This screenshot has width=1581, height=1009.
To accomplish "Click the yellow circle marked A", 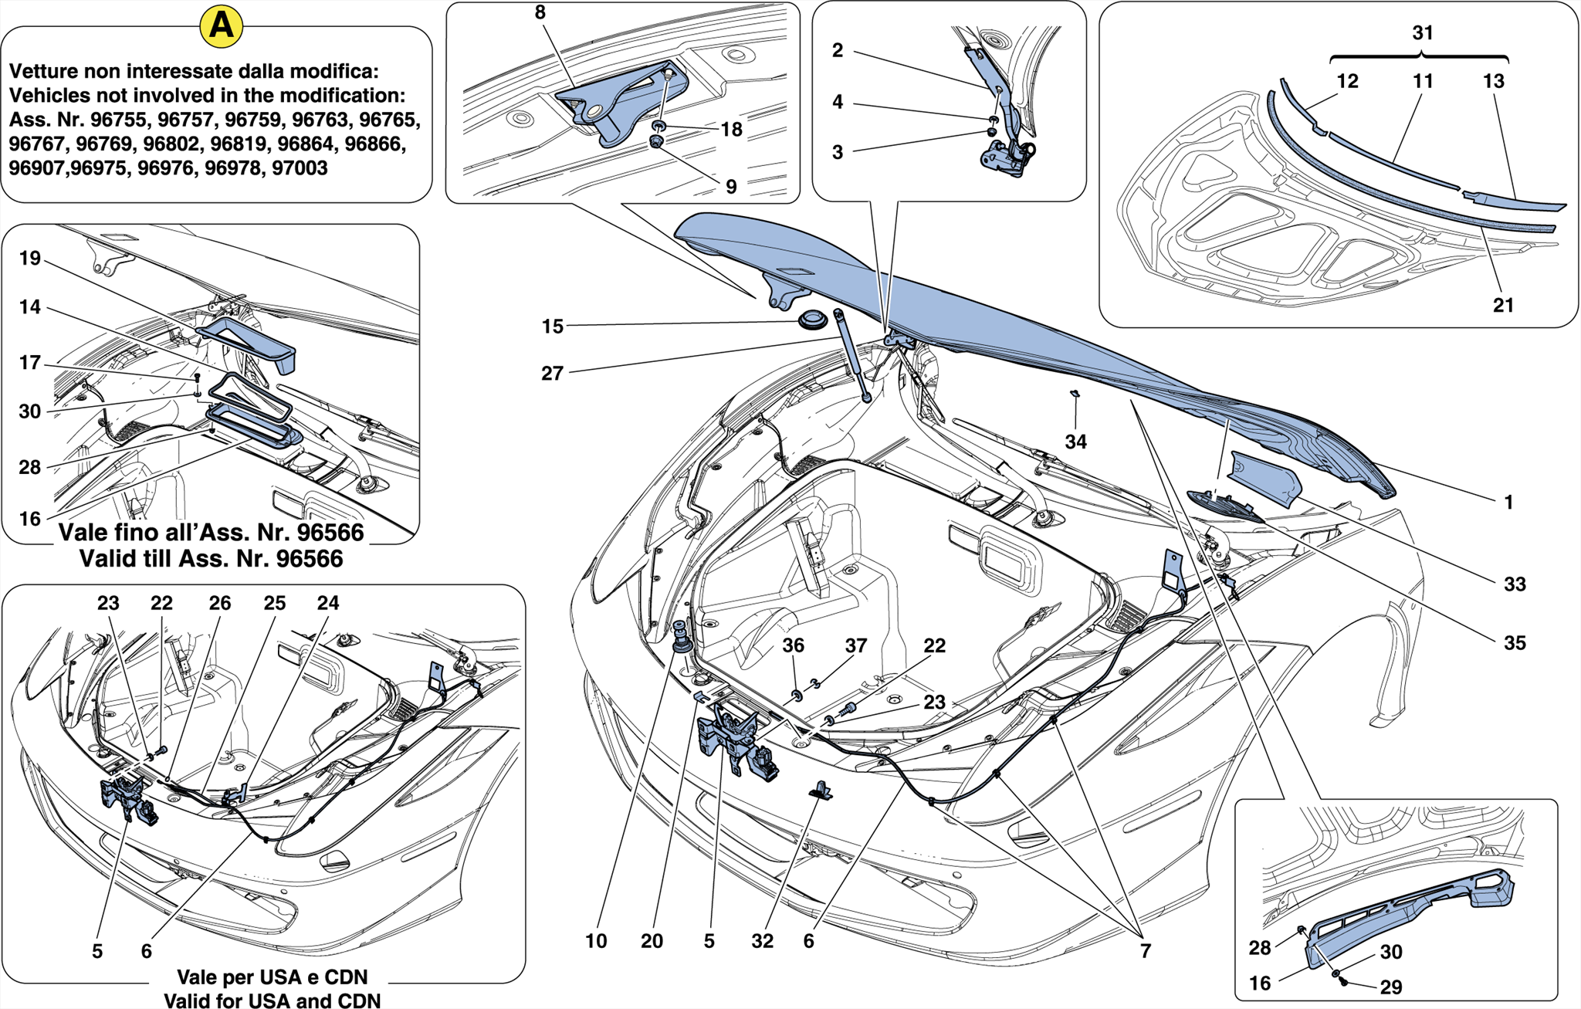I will tap(221, 26).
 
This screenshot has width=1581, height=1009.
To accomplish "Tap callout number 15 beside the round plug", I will tap(552, 327).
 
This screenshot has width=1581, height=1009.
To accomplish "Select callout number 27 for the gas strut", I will tap(552, 374).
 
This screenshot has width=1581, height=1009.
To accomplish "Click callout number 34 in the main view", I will tap(1075, 442).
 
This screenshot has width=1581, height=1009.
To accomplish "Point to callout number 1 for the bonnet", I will tap(1508, 503).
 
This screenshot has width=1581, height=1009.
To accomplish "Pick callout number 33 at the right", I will tap(1515, 584).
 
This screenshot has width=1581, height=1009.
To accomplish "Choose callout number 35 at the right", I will tap(1515, 643).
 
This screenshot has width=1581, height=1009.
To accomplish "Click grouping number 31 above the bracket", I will tap(1422, 33).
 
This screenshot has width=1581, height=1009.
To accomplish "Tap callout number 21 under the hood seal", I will tap(1503, 306).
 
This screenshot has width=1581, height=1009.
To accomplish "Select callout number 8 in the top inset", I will tap(540, 12).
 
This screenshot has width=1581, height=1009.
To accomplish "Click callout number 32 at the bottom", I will tap(762, 941).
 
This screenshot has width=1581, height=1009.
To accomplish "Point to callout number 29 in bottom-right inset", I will tap(1391, 987).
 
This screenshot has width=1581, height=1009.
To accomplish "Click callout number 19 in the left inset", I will tap(29, 259).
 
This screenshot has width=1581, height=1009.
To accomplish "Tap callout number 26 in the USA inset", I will tap(220, 603).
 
